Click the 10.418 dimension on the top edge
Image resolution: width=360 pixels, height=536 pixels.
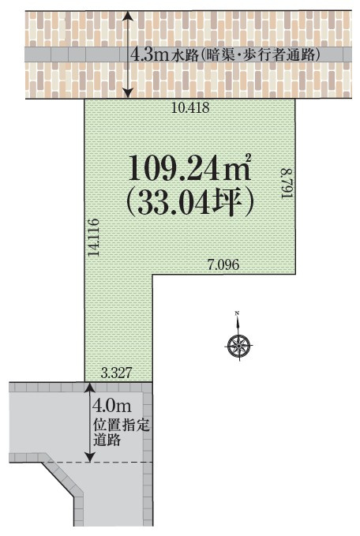click(x=190, y=107)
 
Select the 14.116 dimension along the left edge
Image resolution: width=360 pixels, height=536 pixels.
click(x=93, y=238)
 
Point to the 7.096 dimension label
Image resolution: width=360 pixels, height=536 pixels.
click(x=223, y=264)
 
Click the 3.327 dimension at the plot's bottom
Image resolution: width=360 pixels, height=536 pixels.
click(x=117, y=373)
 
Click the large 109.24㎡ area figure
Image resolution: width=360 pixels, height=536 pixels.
click(x=190, y=169)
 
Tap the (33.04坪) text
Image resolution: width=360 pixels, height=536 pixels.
click(x=190, y=202)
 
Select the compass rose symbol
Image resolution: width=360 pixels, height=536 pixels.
click(x=238, y=346)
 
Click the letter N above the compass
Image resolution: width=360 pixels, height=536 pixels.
click(x=237, y=313)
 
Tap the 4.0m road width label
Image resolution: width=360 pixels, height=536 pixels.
click(x=112, y=406)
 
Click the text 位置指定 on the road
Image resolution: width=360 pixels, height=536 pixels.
click(x=122, y=426)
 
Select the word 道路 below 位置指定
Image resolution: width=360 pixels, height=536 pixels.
click(x=107, y=440)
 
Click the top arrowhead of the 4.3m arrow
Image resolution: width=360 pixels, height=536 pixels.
click(x=128, y=15)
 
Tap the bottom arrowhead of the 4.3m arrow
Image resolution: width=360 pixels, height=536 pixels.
click(x=128, y=93)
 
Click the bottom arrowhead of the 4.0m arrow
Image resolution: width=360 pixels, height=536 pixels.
click(x=90, y=457)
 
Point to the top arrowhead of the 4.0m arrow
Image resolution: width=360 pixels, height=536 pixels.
click(x=90, y=388)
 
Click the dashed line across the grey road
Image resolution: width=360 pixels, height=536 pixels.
click(x=98, y=462)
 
